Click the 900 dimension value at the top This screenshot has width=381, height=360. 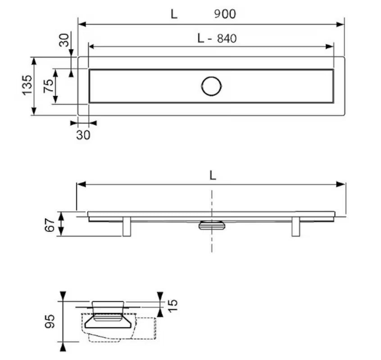click(225, 14)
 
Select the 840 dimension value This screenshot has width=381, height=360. click(227, 38)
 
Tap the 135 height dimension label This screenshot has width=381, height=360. click(27, 85)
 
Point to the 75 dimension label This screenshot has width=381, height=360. click(48, 85)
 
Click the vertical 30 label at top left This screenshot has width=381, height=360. click(64, 40)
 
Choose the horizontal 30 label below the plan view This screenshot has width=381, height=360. click(83, 135)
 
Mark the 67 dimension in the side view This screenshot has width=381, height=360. click(50, 225)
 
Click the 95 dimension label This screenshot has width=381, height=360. click(50, 321)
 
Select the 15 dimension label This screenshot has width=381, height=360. click(172, 306)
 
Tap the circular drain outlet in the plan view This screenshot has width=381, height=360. click(211, 86)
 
